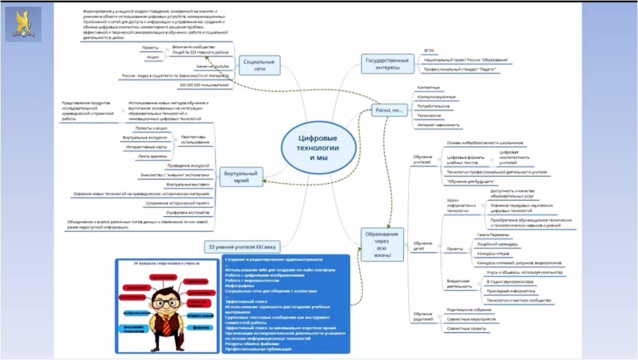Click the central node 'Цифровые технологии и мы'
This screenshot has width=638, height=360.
pyautogui.click(x=318, y=147)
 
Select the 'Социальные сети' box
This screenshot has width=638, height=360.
pyautogui.click(x=259, y=65)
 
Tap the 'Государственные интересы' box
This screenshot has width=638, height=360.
pyautogui.click(x=388, y=63)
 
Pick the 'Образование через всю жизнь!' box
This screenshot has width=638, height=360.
pyautogui.click(x=382, y=244)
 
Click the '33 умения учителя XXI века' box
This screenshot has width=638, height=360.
pyautogui.click(x=242, y=247)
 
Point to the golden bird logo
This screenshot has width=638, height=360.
pyautogui.click(x=27, y=24)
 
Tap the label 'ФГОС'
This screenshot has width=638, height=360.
pyautogui.click(x=429, y=50)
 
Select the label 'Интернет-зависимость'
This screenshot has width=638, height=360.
pyautogui.click(x=439, y=125)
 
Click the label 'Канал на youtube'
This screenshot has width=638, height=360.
pyautogui.click(x=212, y=67)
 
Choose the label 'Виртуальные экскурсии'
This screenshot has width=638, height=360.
pyautogui.click(x=145, y=138)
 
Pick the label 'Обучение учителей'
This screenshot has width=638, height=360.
pyautogui.click(x=422, y=159)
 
